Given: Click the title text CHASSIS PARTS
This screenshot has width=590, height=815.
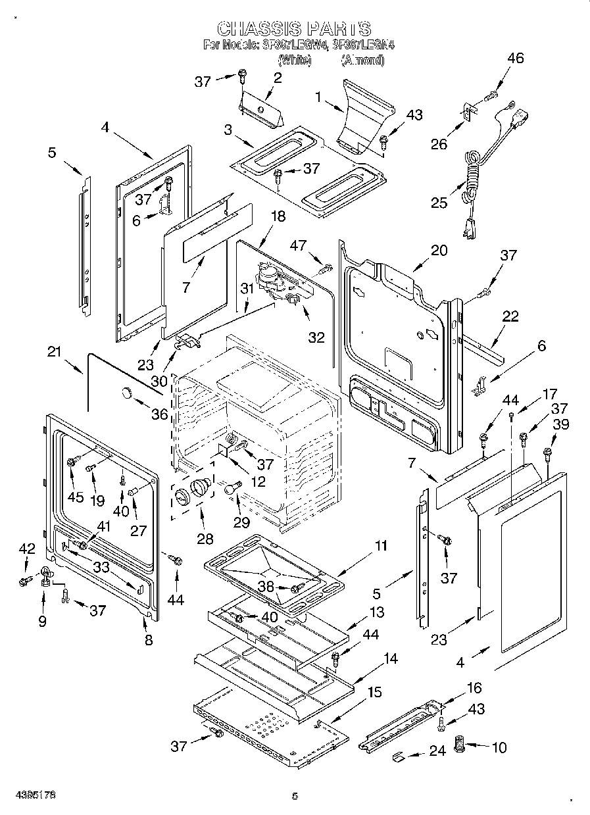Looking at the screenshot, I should [294, 28].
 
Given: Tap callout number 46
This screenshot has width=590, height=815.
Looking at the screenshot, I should [515, 58].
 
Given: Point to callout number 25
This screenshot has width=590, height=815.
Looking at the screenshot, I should [439, 202].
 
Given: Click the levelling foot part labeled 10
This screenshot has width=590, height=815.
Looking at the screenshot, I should [460, 747].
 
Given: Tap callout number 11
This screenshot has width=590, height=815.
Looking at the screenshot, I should [381, 545].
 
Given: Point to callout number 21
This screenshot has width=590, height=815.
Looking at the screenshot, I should [54, 353].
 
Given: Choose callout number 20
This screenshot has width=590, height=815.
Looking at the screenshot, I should [439, 250].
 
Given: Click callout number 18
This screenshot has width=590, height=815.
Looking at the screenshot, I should [278, 216].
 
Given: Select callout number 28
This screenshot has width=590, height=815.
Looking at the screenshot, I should [205, 538].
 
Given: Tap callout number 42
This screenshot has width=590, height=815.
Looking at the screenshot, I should [26, 549].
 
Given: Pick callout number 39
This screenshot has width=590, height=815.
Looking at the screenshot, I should [560, 426].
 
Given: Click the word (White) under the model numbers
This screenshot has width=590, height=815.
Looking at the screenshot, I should [294, 60].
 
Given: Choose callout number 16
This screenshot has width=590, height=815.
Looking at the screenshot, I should [474, 688].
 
